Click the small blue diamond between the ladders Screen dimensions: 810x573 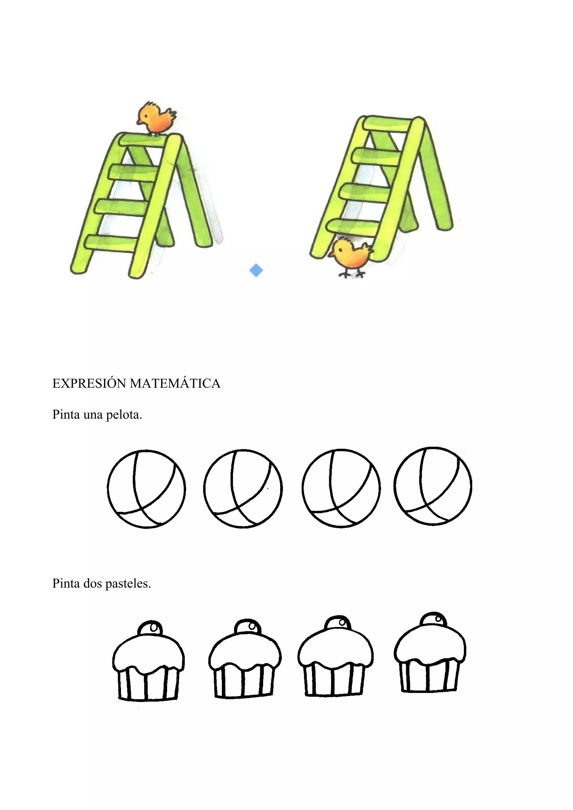256,271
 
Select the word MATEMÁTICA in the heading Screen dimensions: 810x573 175,383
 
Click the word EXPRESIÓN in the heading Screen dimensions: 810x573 89,383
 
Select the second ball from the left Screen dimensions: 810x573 243,489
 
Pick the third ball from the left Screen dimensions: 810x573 341,488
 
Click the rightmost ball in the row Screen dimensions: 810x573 433,487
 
